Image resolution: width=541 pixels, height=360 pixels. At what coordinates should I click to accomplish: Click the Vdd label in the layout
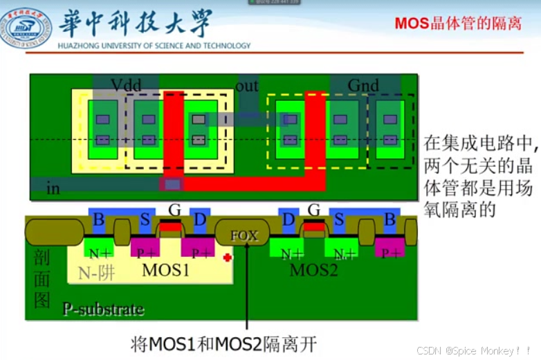click(126, 85)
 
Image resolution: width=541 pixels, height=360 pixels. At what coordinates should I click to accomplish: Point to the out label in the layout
click(246, 85)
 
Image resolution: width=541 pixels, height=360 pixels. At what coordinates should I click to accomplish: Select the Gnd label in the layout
click(363, 85)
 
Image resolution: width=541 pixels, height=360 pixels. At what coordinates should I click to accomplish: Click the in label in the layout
click(53, 188)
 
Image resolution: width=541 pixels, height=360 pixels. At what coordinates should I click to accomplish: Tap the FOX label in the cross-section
click(244, 235)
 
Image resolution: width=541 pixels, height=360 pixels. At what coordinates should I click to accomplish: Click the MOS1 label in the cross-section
click(165, 270)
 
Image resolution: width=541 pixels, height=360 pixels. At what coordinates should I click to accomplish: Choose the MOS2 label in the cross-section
click(313, 270)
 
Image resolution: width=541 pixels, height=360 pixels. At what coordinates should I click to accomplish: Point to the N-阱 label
click(97, 273)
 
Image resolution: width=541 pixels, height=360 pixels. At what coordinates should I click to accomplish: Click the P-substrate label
click(103, 309)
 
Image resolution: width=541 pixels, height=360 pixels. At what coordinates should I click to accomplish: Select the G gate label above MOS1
click(174, 210)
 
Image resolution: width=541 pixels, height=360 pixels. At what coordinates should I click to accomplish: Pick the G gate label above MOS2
click(313, 210)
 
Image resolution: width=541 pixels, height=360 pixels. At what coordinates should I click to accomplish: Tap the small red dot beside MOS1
click(227, 258)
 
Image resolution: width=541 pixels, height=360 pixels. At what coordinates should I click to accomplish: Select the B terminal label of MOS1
click(99, 220)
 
